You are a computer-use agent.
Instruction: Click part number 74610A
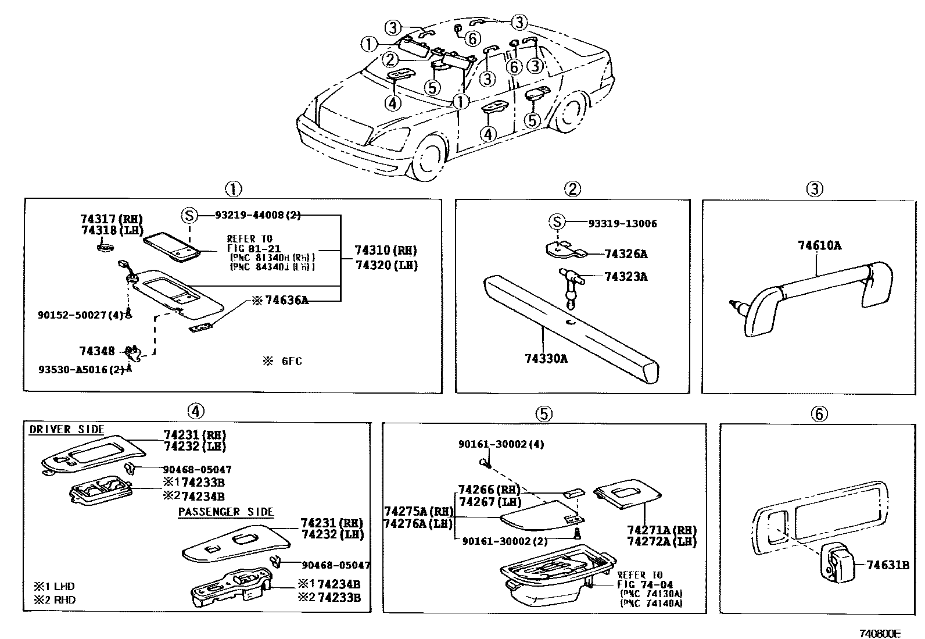[x=819, y=245]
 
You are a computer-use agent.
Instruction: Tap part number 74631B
[x=887, y=565]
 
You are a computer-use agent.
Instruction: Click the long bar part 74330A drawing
[x=572, y=329]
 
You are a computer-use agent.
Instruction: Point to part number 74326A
[x=625, y=254]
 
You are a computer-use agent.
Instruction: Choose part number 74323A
[x=625, y=277]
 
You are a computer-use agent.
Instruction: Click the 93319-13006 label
[x=622, y=223]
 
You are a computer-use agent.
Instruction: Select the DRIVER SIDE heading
[x=66, y=430]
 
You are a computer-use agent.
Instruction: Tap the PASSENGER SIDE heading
[x=225, y=512]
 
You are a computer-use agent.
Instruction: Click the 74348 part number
[x=97, y=351]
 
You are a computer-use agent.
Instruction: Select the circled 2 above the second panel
[x=572, y=188]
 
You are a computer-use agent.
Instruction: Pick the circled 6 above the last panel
[x=818, y=414]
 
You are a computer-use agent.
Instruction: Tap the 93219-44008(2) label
[x=257, y=215]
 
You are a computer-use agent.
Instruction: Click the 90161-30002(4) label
[x=501, y=444]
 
